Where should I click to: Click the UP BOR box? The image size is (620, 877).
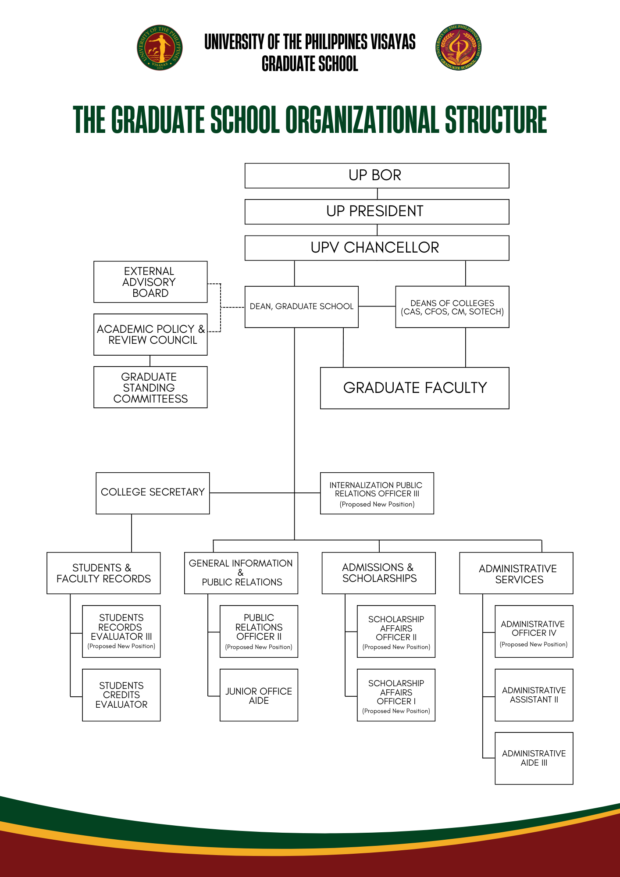click(377, 175)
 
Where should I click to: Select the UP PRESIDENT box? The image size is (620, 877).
click(377, 211)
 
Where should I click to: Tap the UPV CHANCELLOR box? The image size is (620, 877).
click(377, 248)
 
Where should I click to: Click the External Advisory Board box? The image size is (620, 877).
click(150, 282)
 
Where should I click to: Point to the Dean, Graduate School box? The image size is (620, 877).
click(301, 307)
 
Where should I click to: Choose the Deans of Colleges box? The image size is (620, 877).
click(452, 307)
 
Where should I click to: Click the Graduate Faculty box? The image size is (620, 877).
click(414, 388)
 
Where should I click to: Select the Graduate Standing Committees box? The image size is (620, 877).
click(150, 387)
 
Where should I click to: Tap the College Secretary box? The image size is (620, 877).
click(153, 493)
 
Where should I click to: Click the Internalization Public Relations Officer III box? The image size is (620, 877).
click(377, 493)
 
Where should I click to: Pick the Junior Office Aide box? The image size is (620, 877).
click(259, 695)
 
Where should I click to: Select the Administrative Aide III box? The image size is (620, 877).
click(534, 758)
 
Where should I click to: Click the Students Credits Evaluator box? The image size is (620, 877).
click(121, 695)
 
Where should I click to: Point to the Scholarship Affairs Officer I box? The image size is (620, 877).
click(396, 695)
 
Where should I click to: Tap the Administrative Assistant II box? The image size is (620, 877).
click(534, 695)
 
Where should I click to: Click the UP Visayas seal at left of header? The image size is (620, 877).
click(160, 47)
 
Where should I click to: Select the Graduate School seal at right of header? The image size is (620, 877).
click(459, 47)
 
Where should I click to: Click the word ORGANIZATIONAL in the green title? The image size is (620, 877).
click(362, 120)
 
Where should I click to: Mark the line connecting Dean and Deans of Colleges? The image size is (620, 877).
click(377, 306)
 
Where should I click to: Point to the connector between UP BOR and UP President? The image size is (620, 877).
click(378, 194)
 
